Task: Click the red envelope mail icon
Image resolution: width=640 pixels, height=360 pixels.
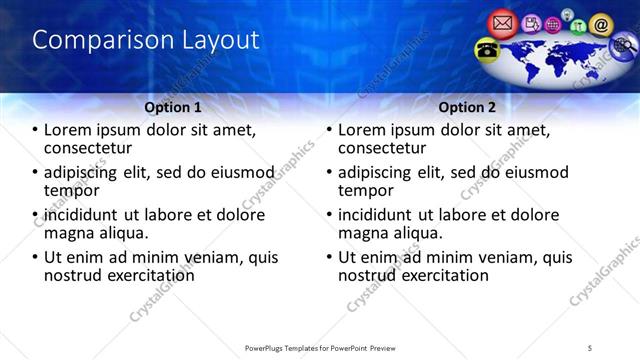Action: pyautogui.click(x=502, y=21)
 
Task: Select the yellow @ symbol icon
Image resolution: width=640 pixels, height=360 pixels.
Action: pyautogui.click(x=600, y=23)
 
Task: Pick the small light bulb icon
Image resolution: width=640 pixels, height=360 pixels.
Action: pyautogui.click(x=567, y=14)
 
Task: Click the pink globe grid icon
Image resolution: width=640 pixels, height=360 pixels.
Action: pyautogui.click(x=552, y=23)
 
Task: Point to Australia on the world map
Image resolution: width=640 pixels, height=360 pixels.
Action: pyautogui.click(x=594, y=66)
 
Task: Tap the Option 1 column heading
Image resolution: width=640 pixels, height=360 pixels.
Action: pyautogui.click(x=172, y=107)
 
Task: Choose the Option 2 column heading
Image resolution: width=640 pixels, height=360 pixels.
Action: pyautogui.click(x=467, y=107)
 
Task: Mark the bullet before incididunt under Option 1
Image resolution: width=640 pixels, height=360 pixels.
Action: pyautogui.click(x=36, y=215)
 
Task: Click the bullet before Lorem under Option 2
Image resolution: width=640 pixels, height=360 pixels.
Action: pyautogui.click(x=329, y=131)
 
